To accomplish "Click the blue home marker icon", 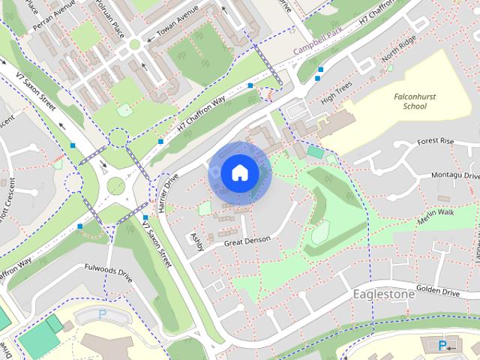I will click(x=238, y=172).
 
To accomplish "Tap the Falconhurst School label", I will click(x=409, y=101).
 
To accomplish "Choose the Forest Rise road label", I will click(x=436, y=140).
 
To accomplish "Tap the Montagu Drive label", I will click(x=456, y=174).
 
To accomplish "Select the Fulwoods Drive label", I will click(x=108, y=272).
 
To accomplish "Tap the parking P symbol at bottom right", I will click(x=442, y=345).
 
